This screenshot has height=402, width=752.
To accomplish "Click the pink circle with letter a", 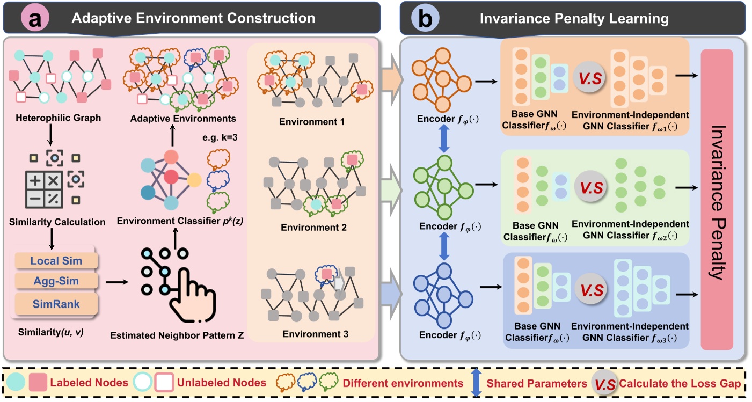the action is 35,18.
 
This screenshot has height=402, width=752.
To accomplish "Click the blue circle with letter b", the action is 425,18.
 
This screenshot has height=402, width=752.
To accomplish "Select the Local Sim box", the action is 56,261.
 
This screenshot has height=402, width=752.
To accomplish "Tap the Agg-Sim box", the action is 56,281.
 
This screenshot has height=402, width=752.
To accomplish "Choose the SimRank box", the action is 56,304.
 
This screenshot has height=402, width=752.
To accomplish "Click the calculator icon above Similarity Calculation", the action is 44,189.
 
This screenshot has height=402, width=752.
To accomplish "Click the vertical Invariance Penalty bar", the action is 717,200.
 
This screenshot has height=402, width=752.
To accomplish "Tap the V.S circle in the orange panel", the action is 590,78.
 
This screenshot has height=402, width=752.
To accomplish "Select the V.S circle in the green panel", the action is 591,187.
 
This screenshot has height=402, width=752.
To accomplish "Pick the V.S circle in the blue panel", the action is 592,290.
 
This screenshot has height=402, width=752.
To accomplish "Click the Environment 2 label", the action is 313,228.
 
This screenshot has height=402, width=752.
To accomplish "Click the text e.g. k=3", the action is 220,137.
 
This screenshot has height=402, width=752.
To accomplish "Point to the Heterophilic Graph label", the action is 58,118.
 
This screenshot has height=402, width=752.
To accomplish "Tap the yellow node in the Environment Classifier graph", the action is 194,180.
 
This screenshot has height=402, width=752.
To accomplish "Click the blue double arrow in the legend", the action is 477,383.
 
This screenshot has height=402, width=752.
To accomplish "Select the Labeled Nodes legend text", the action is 89,383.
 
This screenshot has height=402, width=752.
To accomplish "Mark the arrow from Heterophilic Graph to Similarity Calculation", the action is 50,135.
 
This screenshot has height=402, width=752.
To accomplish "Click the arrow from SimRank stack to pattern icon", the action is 117,282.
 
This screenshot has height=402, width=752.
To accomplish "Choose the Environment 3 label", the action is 315,334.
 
